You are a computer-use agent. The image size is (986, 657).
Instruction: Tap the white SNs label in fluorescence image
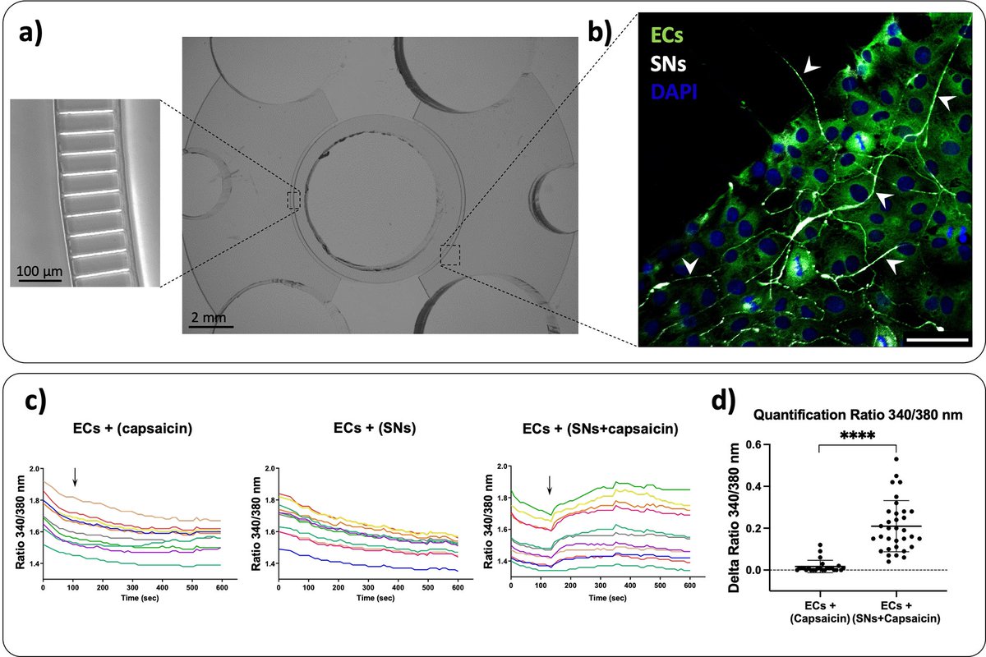(x=670, y=64)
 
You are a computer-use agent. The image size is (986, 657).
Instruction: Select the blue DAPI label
(x=675, y=93)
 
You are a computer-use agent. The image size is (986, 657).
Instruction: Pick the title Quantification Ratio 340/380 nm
(x=869, y=416)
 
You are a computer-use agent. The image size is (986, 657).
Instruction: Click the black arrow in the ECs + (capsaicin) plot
(x=75, y=477)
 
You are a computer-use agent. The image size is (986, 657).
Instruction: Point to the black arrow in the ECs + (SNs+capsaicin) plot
(x=550, y=486)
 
